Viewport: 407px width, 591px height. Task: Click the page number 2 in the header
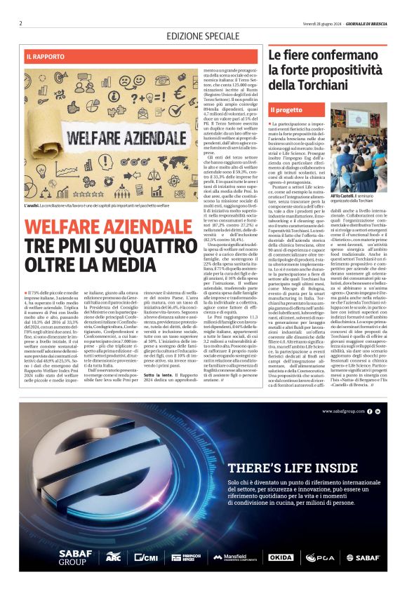[x=21, y=23]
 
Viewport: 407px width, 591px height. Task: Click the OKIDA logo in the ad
[x=281, y=557]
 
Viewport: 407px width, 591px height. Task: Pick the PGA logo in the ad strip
[x=319, y=557]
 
